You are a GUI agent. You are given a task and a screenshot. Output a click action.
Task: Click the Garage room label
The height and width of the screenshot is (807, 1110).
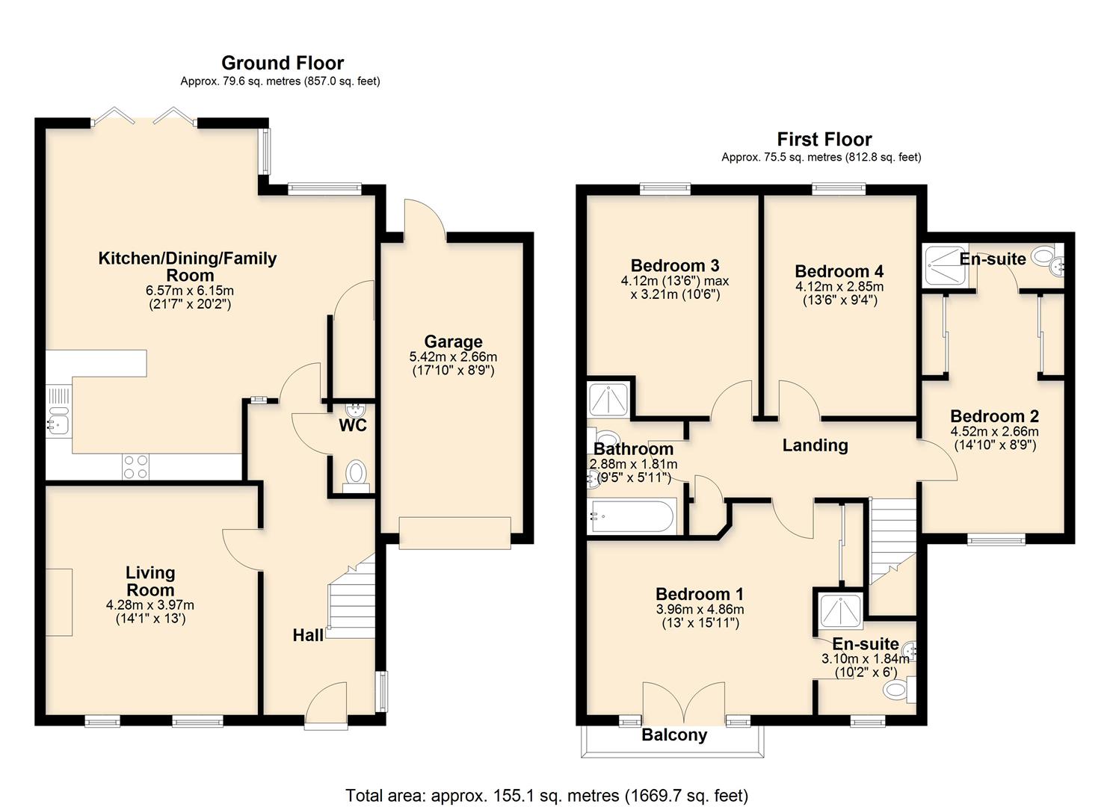(453, 342)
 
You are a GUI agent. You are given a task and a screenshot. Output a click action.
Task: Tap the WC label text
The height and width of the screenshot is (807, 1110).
(353, 426)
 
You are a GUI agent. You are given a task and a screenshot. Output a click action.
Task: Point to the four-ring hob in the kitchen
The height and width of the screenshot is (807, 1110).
(135, 467)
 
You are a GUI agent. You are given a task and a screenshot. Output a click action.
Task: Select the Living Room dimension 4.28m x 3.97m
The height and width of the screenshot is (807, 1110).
(150, 605)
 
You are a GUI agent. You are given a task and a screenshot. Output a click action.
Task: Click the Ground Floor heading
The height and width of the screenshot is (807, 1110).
(283, 63)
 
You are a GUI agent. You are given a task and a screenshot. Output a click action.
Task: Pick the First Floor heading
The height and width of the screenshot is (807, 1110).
(824, 139)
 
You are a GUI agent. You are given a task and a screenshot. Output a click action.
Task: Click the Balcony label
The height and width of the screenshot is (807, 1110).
(673, 735)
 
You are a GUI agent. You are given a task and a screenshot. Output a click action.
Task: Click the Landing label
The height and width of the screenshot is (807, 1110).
(815, 445)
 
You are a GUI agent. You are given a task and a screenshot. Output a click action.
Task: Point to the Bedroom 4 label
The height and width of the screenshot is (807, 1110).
(839, 271)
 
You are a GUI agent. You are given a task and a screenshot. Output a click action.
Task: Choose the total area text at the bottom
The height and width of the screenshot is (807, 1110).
(546, 795)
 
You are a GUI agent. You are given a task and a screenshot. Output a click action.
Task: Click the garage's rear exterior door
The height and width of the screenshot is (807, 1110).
(425, 220)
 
